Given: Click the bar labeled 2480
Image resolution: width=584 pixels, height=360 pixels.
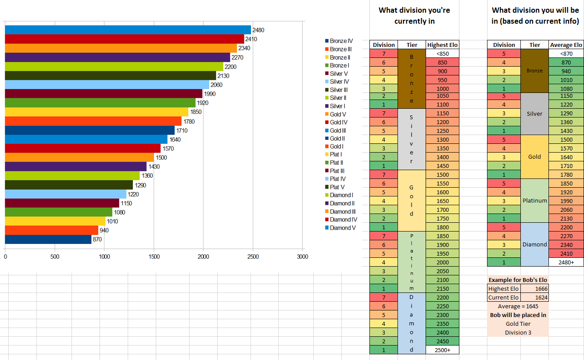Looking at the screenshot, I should point(127,30).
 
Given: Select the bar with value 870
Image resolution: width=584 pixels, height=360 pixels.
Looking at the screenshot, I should point(48,239).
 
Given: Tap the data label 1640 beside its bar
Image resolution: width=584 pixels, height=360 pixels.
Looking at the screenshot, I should point(175,139).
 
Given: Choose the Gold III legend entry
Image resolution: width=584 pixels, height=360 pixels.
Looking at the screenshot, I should point(341,130).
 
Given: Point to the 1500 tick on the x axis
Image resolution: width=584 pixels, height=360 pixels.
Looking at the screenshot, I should point(154,257).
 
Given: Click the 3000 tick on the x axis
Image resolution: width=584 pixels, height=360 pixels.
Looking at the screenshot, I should point(302,257).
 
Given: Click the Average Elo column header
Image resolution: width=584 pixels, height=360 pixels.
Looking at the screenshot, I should point(566,45).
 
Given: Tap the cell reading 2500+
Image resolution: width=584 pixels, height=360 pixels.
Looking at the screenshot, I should point(442,350).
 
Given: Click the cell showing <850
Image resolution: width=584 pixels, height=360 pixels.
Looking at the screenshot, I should point(442,53).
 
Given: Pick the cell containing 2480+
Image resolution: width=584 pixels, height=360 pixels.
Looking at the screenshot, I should point(566,262).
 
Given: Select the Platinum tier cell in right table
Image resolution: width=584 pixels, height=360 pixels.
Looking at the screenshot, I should point(535,200).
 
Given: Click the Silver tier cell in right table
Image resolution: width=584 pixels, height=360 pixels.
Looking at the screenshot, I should point(535,114).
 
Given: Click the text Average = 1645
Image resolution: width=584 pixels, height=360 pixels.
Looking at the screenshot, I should point(518,306).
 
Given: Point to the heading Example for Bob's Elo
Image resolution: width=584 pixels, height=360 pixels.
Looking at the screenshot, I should point(518,280).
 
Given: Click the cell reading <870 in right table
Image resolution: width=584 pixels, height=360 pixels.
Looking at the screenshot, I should point(566,53).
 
